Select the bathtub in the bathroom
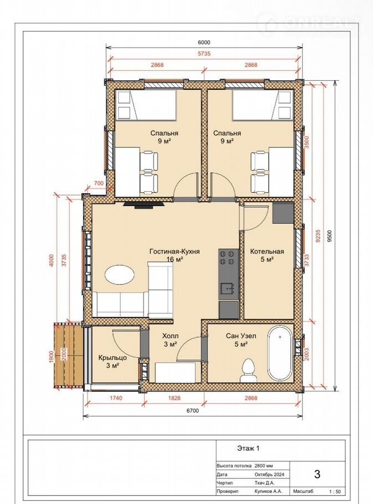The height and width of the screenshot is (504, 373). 280,353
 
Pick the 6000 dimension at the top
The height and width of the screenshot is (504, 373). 204,42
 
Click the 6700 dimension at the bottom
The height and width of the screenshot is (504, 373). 192,410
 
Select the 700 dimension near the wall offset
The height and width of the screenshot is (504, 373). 99,183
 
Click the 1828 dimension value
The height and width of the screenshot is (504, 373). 174,398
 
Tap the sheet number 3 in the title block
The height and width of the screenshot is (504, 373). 318,475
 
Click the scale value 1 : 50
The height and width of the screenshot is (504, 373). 335,491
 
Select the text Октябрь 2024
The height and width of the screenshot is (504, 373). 269,475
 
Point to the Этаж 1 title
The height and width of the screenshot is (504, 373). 248,448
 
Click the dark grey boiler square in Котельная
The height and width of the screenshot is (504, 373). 283,213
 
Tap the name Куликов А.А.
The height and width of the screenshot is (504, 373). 268,491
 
